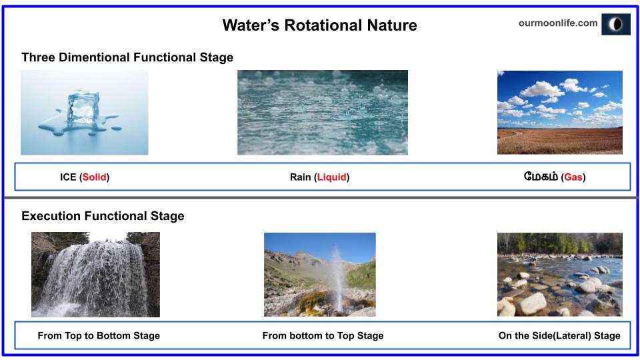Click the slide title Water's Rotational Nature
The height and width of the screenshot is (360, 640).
click(x=319, y=25)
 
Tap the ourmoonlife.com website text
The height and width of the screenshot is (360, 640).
click(x=557, y=23)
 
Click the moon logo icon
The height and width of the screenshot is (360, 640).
click(x=615, y=24)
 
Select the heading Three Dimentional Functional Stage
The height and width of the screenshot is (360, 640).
click(x=127, y=57)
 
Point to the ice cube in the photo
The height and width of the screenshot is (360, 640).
click(x=83, y=107)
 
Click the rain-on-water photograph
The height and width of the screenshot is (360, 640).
click(x=322, y=112)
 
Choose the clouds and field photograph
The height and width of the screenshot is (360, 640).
click(x=559, y=112)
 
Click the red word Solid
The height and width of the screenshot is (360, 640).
click(x=95, y=177)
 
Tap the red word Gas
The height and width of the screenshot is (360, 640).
click(x=573, y=177)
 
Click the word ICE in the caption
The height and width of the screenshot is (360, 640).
click(x=68, y=177)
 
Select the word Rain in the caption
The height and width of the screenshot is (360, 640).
click(x=300, y=177)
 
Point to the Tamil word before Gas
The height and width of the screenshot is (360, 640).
click(x=541, y=177)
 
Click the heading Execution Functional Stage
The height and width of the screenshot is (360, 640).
click(x=103, y=216)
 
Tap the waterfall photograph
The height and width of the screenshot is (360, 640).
click(x=95, y=274)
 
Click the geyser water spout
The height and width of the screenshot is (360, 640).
click(x=337, y=273)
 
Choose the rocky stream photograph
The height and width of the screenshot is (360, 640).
click(x=559, y=274)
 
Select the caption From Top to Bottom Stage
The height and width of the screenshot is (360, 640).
click(x=99, y=335)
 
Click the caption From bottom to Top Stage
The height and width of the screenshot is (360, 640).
click(x=323, y=335)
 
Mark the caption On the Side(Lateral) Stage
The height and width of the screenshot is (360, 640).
click(x=559, y=335)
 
